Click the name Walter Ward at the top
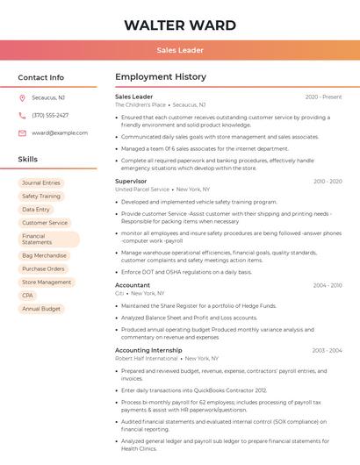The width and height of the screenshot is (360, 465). pyautogui.click(x=180, y=25)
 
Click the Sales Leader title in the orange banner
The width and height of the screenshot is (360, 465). pyautogui.click(x=180, y=50)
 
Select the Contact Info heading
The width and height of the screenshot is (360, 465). pyautogui.click(x=41, y=77)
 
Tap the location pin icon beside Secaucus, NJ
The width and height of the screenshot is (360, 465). pyautogui.click(x=22, y=98)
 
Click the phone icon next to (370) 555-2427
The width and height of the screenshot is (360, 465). pyautogui.click(x=22, y=115)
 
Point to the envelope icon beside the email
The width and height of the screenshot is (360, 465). pyautogui.click(x=22, y=132)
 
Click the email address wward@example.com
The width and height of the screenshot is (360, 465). pyautogui.click(x=60, y=132)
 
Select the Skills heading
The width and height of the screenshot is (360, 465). pyautogui.click(x=28, y=160)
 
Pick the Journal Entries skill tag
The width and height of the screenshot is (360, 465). pyautogui.click(x=41, y=183)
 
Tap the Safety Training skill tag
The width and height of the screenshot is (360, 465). pyautogui.click(x=41, y=197)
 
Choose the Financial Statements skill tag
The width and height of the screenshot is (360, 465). pyautogui.click(x=48, y=239)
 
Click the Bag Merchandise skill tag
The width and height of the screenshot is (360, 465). pyautogui.click(x=44, y=255)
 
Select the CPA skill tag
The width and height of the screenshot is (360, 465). pyautogui.click(x=28, y=296)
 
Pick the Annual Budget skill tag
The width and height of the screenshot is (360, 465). pyautogui.click(x=41, y=309)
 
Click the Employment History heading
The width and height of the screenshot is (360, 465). pyautogui.click(x=161, y=77)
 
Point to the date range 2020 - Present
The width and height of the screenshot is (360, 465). pyautogui.click(x=323, y=97)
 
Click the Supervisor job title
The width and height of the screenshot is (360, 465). pyautogui.click(x=131, y=181)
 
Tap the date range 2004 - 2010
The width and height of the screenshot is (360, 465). pyautogui.click(x=328, y=285)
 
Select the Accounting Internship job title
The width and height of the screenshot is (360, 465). pyautogui.click(x=149, y=350)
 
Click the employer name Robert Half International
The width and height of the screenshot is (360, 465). pyautogui.click(x=146, y=358)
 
